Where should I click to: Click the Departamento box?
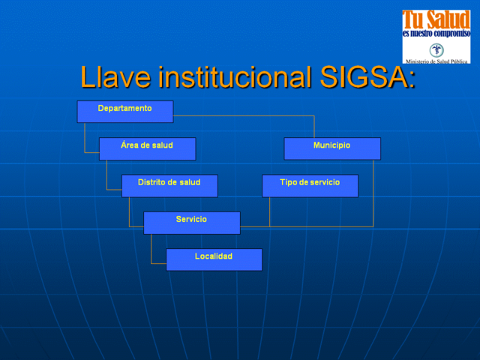(x=124, y=111)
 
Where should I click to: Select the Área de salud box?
(x=147, y=148)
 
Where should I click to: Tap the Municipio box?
(x=331, y=148)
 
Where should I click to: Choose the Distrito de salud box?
(x=169, y=185)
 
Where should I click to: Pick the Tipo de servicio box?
(x=310, y=185)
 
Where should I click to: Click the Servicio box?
(x=191, y=223)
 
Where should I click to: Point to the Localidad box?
(x=214, y=259)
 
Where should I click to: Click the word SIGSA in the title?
(x=367, y=76)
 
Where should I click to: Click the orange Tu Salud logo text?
(x=436, y=19)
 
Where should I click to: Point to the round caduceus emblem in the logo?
(x=436, y=49)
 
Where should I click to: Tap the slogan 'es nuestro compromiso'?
(x=436, y=34)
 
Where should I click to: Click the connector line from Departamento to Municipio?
(x=247, y=115)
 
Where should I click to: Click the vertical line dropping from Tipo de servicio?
(x=270, y=211)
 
